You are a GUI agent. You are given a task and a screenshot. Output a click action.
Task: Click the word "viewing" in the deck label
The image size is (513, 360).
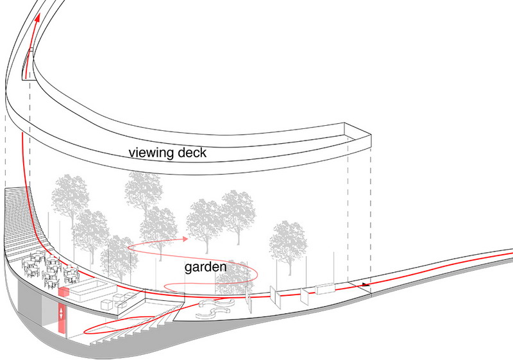151,153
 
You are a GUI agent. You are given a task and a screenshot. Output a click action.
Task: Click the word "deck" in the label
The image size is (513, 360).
192,153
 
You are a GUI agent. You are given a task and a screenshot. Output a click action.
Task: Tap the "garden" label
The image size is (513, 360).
205,268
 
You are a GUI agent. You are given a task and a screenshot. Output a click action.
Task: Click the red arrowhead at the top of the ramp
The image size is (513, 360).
37,18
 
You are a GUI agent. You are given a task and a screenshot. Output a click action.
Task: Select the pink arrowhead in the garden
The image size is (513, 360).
185,239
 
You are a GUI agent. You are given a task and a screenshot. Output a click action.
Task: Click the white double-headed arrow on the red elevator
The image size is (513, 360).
61,313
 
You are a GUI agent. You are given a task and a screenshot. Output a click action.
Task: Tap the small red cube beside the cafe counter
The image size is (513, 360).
63,292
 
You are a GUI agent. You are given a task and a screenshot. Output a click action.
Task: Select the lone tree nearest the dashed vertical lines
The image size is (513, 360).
288,244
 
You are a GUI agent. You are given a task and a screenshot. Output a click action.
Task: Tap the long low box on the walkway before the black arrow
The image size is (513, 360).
325,289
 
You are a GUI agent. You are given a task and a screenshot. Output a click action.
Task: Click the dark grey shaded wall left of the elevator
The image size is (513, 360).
29,303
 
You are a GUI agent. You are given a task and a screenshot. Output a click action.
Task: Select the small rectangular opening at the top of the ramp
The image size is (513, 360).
28,64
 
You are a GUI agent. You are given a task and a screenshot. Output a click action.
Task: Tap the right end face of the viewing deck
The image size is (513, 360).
358,134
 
